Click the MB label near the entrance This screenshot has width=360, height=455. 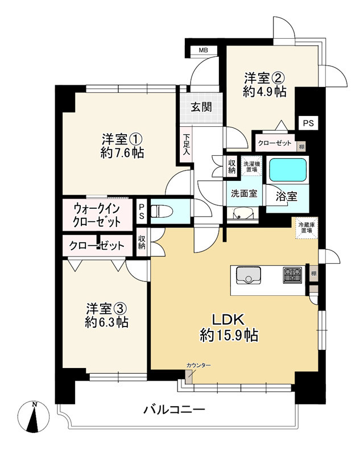pos(203,51)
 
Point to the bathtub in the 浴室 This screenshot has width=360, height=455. pos(287,169)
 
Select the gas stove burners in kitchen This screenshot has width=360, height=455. pos(293,275)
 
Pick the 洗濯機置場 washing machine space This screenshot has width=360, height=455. pos(250,166)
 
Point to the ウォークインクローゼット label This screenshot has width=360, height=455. pos(96,214)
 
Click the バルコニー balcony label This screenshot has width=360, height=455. pos(173,409)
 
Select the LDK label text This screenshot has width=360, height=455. pos(229,318)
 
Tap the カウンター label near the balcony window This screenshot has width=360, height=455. pos(198,365)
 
